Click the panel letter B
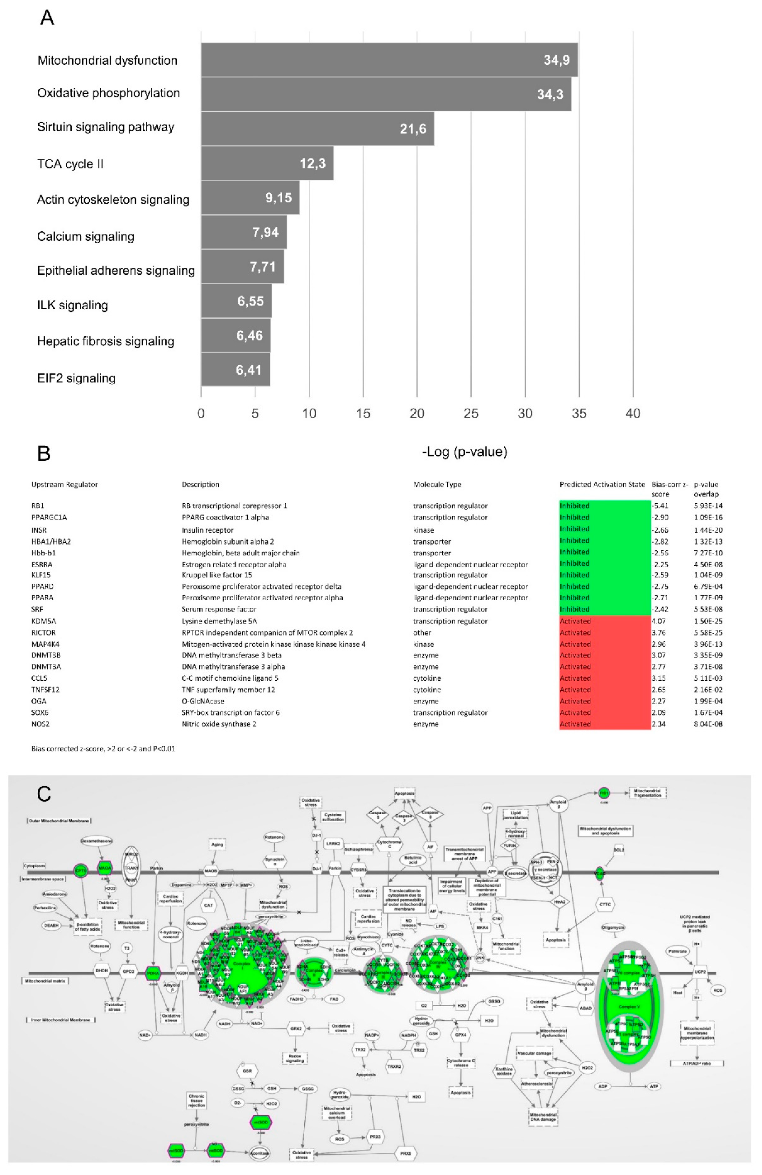click(x=44, y=453)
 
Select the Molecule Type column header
click(x=437, y=484)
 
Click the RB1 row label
click(x=37, y=505)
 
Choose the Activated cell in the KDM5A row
click(x=575, y=621)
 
